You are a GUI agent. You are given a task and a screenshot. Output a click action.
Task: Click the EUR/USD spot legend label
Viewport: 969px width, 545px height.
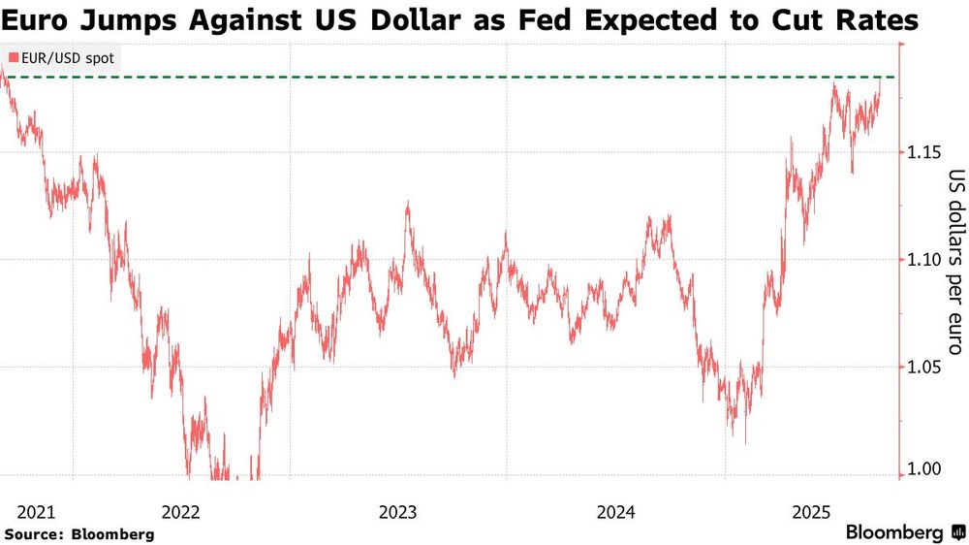[x=68, y=58]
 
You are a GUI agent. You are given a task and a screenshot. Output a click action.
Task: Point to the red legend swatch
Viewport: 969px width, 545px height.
[x=13, y=58]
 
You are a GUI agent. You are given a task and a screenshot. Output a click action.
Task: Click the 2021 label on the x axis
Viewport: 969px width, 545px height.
[x=37, y=511]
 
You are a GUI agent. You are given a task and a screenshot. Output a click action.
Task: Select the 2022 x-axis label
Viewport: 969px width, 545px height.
[x=181, y=511]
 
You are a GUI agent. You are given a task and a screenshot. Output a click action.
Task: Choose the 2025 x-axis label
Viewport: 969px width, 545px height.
[x=813, y=511]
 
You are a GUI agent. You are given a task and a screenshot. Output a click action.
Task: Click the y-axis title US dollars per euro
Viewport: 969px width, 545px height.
[x=955, y=262]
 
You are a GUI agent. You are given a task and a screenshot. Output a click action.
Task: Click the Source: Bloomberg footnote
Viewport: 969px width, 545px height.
[x=78, y=533]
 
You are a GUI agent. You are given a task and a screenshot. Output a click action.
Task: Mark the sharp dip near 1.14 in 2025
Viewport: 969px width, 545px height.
[x=852, y=173]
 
